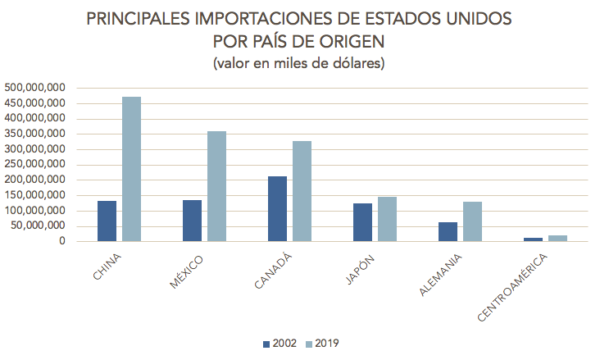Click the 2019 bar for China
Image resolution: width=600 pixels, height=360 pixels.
[x=131, y=169]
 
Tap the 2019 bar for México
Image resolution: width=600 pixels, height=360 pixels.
[x=216, y=186]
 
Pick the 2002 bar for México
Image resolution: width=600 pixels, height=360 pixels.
[x=192, y=221]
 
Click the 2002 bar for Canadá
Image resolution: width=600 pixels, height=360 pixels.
[x=277, y=209]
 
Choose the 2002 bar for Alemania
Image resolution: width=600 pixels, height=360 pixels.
[x=448, y=232]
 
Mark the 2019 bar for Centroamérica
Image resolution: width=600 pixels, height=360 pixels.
[x=557, y=239]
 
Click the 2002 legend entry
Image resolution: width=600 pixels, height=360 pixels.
[x=278, y=344]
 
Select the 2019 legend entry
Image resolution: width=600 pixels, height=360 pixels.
[x=320, y=344]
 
